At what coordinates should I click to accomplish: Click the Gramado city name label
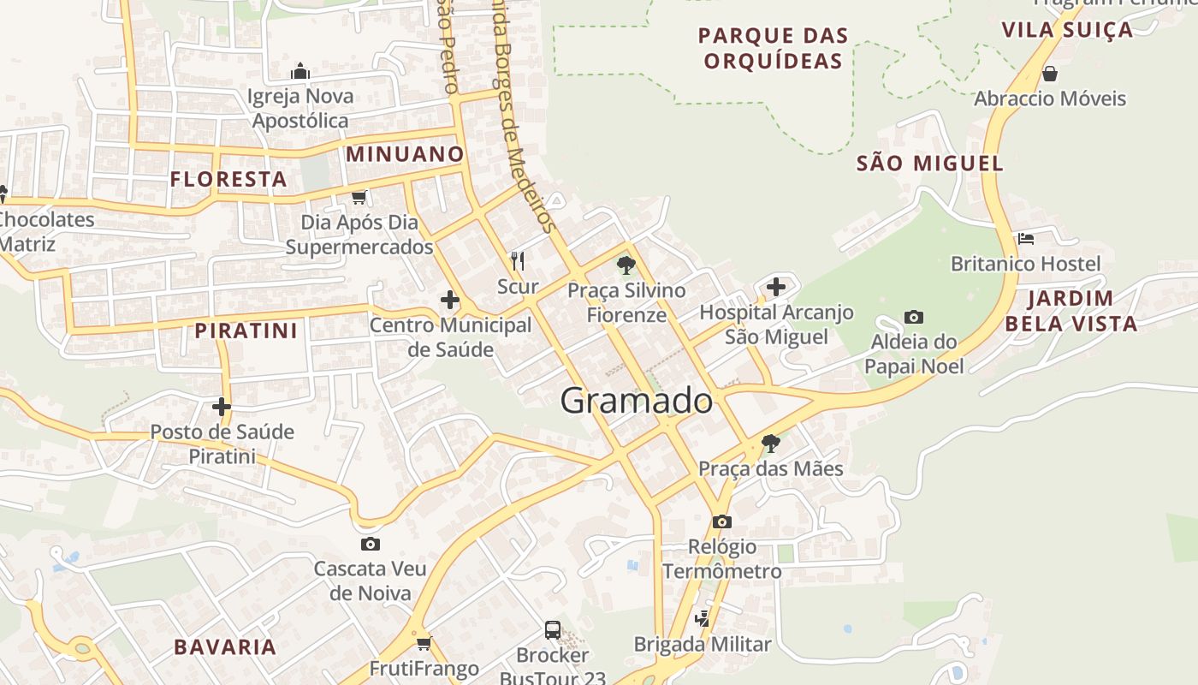636,401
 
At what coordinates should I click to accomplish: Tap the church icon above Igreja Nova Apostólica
299,70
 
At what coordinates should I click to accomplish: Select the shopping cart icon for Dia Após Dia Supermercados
359,197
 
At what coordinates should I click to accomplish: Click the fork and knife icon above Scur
517,260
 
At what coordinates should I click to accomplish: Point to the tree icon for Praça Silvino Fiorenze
626,265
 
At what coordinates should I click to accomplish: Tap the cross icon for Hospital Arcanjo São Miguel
776,287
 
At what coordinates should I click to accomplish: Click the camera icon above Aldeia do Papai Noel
913,318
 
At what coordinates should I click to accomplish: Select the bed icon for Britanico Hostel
1026,238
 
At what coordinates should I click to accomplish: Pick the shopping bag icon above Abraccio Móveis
1050,74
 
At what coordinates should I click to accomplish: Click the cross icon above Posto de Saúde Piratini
222,407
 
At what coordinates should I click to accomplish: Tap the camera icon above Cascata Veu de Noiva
371,544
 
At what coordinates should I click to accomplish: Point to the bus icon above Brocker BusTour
553,630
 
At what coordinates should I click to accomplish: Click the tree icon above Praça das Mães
770,444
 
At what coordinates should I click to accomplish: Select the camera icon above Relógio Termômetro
721,521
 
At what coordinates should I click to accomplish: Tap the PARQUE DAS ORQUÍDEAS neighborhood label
773,48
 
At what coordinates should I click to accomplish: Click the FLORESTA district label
228,179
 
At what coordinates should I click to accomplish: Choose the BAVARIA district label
225,646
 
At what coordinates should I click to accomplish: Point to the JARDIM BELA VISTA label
1070,311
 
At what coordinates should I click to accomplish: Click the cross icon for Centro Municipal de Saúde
449,300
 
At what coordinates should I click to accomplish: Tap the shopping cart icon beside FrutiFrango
423,643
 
